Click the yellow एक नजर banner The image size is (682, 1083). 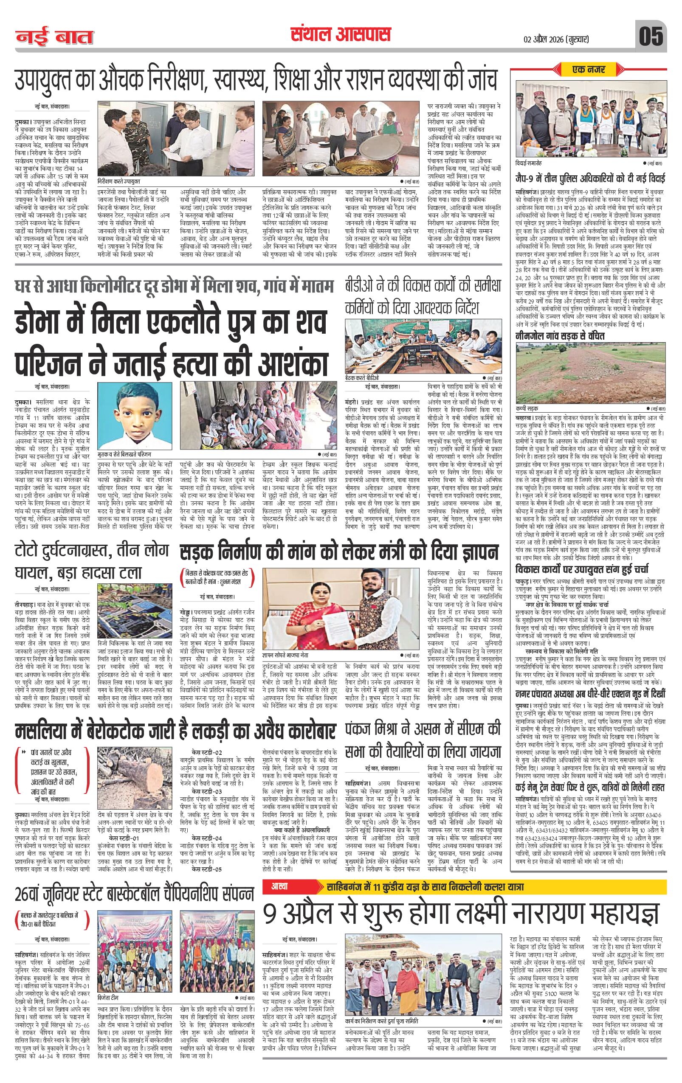tap(589, 70)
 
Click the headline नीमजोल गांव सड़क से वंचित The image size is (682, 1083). tap(560, 336)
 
